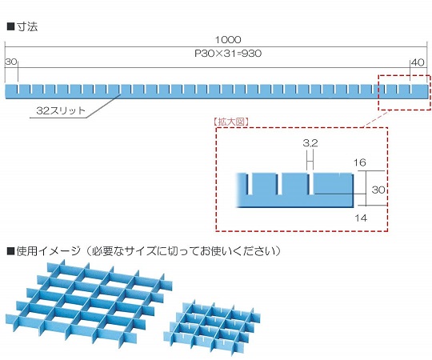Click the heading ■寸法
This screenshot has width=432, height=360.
tap(22, 26)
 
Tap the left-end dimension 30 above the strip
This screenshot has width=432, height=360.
tap(10, 62)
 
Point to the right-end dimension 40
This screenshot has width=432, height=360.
tap(417, 62)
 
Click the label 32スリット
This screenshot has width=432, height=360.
tap(57, 111)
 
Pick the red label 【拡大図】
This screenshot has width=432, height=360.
tap(233, 122)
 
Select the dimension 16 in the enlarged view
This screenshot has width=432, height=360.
tap(360, 162)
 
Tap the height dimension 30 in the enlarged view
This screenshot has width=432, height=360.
tap(379, 190)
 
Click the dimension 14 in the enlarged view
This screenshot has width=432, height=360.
tap(360, 217)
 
